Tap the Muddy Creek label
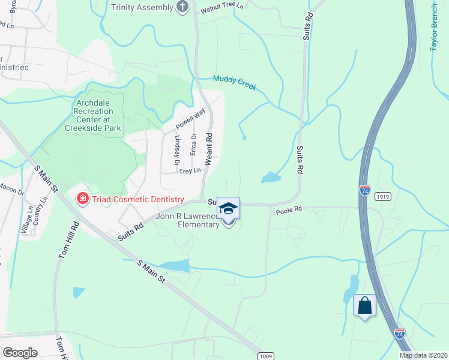[x=235, y=83]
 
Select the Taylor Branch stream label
[x=435, y=27]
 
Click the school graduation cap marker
[x=228, y=209]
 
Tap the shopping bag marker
[x=364, y=305]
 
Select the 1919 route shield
[x=382, y=196]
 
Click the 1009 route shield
[x=267, y=356]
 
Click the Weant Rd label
[x=209, y=149]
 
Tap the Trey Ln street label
[x=189, y=172]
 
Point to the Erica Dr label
[x=193, y=143]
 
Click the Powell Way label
[x=190, y=119]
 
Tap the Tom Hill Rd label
[x=68, y=241]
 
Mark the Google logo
[x=20, y=352]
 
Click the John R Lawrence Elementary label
[x=187, y=220]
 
